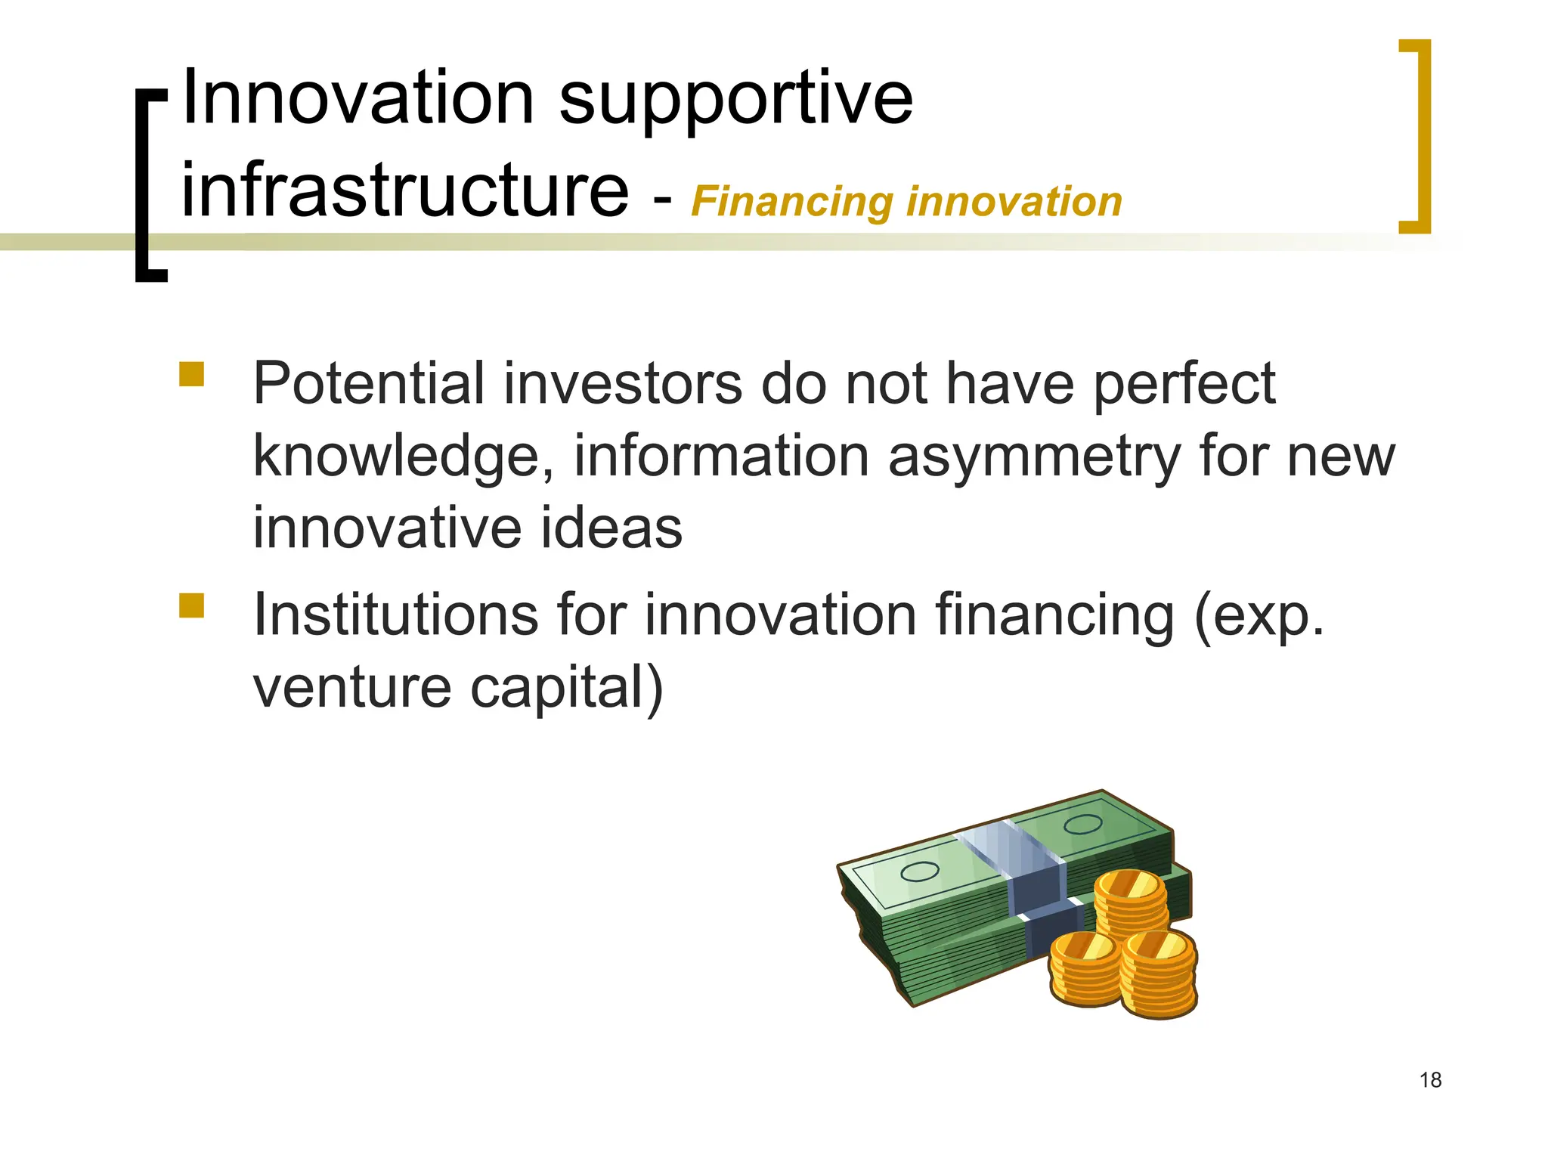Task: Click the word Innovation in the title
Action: click(x=358, y=98)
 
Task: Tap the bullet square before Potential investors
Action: click(x=192, y=374)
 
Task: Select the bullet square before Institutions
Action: click(x=192, y=605)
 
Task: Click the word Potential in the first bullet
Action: click(x=368, y=383)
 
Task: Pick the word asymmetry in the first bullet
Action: click(x=1033, y=458)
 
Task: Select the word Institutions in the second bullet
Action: click(x=395, y=615)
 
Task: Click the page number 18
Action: click(x=1430, y=1080)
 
